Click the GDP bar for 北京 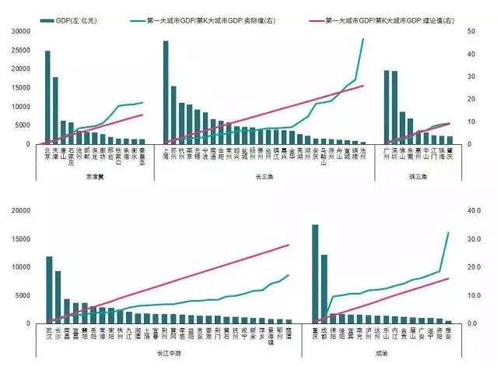(x=47, y=97)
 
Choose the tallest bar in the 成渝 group (x=315, y=273)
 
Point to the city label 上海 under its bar (x=166, y=154)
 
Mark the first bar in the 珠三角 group (x=387, y=107)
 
